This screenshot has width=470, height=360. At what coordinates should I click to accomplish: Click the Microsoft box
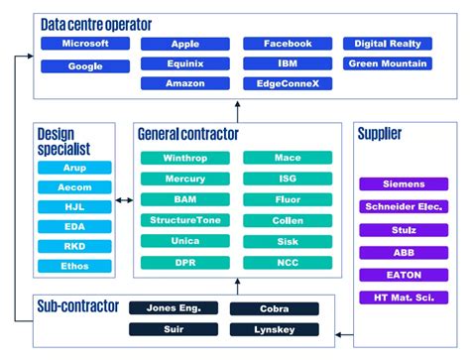coord(84,45)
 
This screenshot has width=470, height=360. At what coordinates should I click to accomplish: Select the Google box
coord(84,66)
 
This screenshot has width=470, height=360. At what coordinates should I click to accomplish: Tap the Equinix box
coord(185,63)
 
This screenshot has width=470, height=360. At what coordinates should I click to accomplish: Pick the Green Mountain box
coord(389,63)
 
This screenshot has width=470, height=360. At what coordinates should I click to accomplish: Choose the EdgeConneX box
coord(288,83)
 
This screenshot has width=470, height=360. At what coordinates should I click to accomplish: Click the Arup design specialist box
coord(74,168)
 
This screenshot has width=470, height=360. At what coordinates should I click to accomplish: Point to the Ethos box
coord(74,267)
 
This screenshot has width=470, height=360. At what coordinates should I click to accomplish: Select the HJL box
coord(74,207)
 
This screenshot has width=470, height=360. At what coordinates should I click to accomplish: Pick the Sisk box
coord(287,241)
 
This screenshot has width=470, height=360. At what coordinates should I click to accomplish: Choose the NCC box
coord(287,262)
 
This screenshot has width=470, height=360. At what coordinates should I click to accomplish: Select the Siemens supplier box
coord(403,184)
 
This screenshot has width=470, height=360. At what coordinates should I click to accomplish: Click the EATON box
coord(403,275)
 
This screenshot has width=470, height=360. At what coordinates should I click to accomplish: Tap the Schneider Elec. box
coord(403,207)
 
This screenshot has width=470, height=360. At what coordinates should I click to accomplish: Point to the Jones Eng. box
coord(174,308)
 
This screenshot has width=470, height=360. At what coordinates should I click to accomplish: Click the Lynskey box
coord(275,329)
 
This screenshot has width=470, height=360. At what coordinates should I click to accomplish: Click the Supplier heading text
coord(380,134)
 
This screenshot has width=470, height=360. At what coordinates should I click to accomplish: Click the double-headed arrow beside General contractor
coord(124,200)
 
